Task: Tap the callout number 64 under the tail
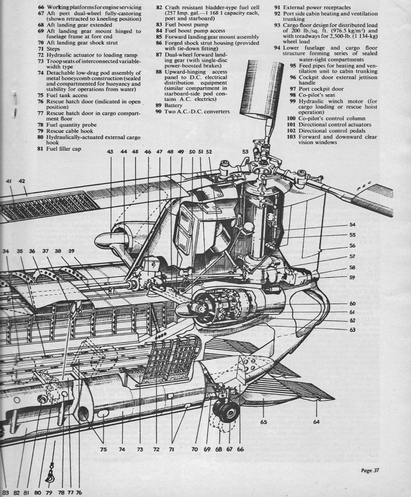click(316, 421)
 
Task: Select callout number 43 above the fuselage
click(110, 152)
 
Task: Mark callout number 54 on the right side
click(352, 225)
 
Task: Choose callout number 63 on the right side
click(352, 330)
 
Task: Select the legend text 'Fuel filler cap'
click(59, 149)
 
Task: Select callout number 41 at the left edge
click(9, 181)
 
